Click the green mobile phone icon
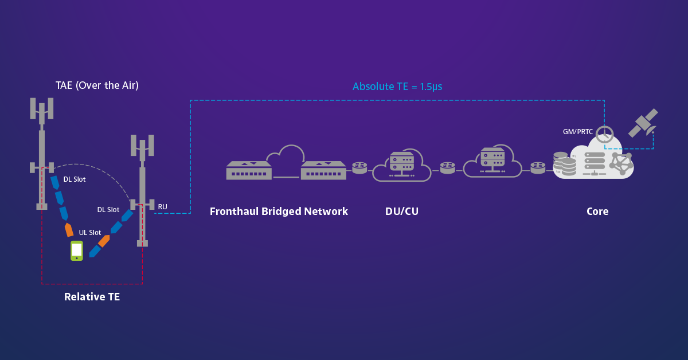(x=77, y=251)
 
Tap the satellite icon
(x=643, y=123)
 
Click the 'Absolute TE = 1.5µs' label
(x=397, y=87)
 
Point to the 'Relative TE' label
(x=92, y=297)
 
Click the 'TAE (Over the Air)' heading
(x=97, y=85)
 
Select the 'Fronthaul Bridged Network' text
(x=279, y=212)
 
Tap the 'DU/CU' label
(x=401, y=212)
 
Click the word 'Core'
(x=597, y=212)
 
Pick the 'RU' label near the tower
(x=163, y=206)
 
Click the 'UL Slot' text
(x=90, y=233)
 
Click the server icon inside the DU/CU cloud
(x=401, y=163)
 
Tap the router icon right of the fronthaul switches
(x=359, y=167)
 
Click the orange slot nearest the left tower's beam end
(x=69, y=229)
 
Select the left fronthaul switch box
(x=249, y=170)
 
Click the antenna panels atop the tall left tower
(x=42, y=108)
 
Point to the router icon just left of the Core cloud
(x=538, y=167)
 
